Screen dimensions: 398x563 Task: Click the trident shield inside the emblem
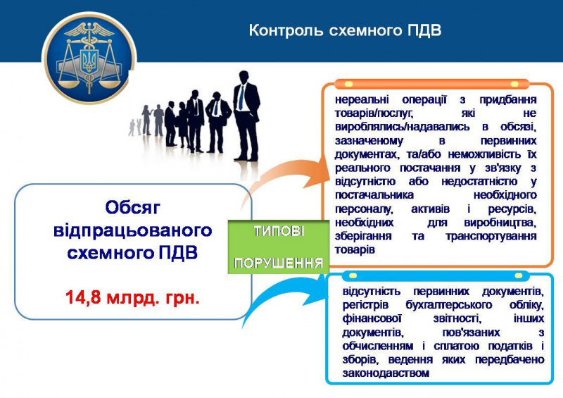[x=89, y=59]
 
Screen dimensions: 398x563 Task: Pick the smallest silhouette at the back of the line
[x=132, y=128]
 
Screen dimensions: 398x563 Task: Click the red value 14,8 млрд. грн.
[x=132, y=297]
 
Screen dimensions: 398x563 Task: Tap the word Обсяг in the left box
[x=132, y=208]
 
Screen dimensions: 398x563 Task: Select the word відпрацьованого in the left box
[x=132, y=231]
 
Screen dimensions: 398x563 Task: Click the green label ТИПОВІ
[x=279, y=232]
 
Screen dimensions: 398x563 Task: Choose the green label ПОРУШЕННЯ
[x=279, y=263]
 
